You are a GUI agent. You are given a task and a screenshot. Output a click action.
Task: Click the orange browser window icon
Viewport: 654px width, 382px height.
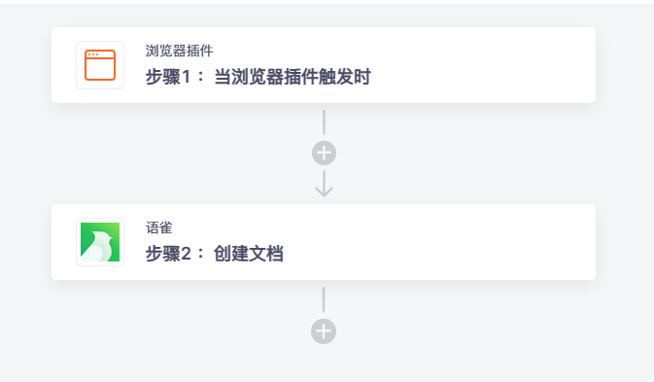coord(100,65)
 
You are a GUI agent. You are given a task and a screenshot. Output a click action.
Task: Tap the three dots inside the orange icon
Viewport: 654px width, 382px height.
coord(93,54)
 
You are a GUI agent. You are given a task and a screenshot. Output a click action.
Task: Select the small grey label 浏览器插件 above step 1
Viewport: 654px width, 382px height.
coord(180,51)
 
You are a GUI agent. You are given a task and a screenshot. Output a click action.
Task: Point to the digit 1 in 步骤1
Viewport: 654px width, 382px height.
coord(186,77)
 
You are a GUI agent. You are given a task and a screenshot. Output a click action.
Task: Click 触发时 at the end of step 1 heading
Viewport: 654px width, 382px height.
coord(345,77)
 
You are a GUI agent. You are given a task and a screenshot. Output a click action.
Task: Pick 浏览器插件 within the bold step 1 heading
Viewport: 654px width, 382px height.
coord(266,77)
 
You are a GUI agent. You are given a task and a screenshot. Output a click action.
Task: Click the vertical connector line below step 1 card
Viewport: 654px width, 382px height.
coord(324,122)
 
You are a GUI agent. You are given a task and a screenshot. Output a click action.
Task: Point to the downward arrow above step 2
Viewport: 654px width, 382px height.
coord(324,184)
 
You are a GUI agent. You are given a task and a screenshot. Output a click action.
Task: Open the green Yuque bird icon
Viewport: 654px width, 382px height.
coord(100,242)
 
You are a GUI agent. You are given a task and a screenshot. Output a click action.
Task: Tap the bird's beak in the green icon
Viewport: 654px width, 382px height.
coord(110,236)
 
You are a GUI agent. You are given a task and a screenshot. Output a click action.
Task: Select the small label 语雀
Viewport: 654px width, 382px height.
coord(159,227)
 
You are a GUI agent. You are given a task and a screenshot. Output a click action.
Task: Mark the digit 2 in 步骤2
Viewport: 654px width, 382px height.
coord(187,254)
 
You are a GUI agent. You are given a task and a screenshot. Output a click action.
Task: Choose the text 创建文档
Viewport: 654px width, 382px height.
coord(249,254)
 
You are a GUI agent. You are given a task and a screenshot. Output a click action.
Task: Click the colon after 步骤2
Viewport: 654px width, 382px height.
coord(201,254)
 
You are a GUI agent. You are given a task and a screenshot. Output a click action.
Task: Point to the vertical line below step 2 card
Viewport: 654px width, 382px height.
coord(324,299)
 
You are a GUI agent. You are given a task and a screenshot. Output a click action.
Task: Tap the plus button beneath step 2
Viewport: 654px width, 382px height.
coord(324,331)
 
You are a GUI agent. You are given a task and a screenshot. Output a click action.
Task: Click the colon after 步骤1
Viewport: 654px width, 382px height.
coord(201,77)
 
